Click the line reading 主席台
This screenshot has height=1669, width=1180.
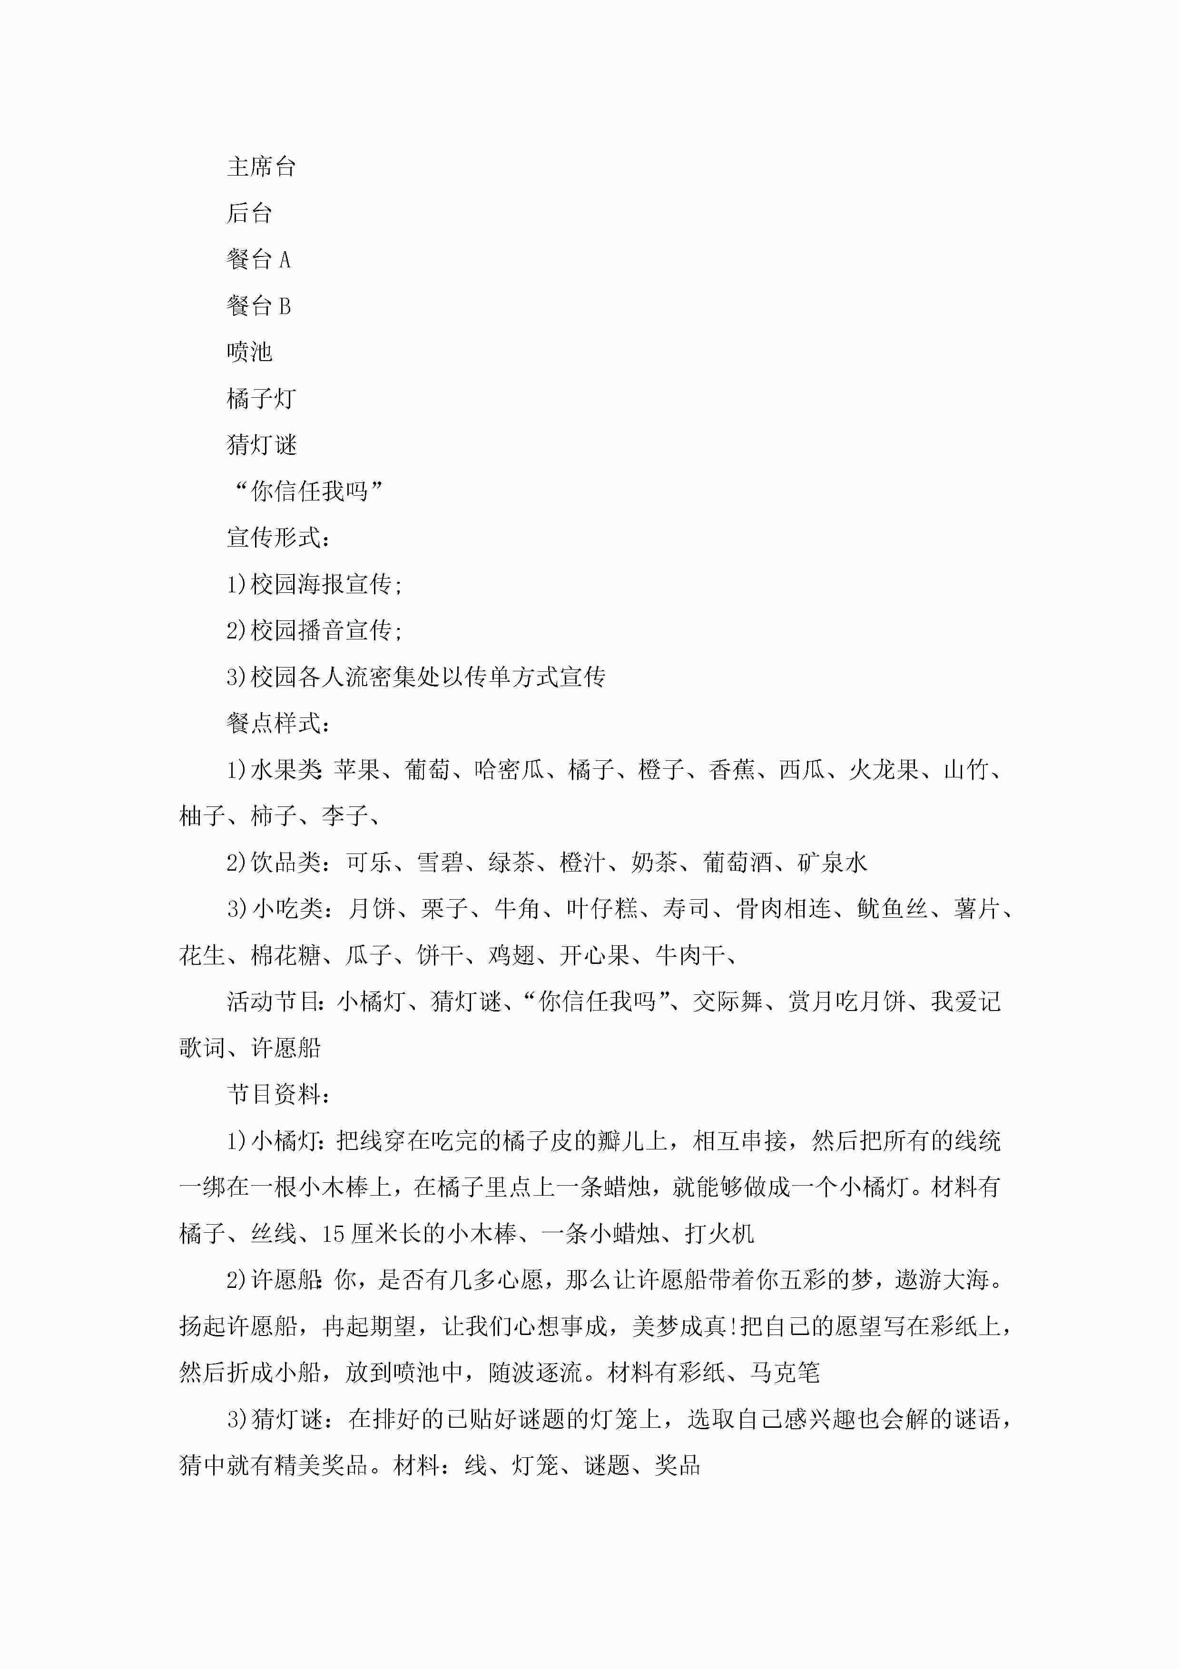[x=261, y=167]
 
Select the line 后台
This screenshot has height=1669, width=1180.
[x=249, y=213]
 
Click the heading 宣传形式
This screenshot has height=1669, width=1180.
[x=278, y=538]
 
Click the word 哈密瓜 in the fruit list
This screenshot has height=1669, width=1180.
[x=509, y=770]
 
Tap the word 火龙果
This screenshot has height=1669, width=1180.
[x=884, y=770]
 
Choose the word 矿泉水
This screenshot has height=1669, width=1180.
[x=833, y=863]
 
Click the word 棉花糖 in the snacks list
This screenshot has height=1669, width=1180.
[x=286, y=955]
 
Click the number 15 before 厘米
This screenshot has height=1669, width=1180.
[x=333, y=1234]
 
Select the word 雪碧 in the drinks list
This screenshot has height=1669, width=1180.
[x=440, y=863]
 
